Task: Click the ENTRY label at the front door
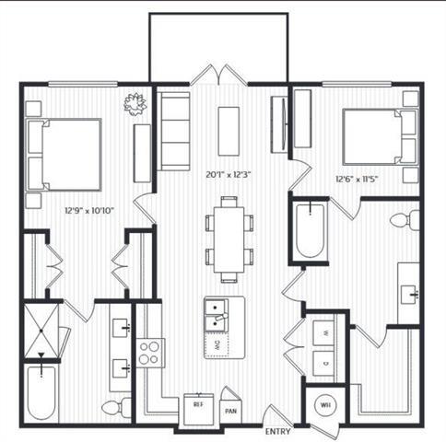coord(278,430)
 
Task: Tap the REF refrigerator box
coord(197,402)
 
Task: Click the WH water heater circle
coord(325,402)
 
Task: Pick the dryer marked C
coord(323,362)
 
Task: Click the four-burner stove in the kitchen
coord(150,350)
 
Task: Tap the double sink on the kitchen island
coord(217,313)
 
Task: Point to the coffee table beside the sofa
coord(229,125)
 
